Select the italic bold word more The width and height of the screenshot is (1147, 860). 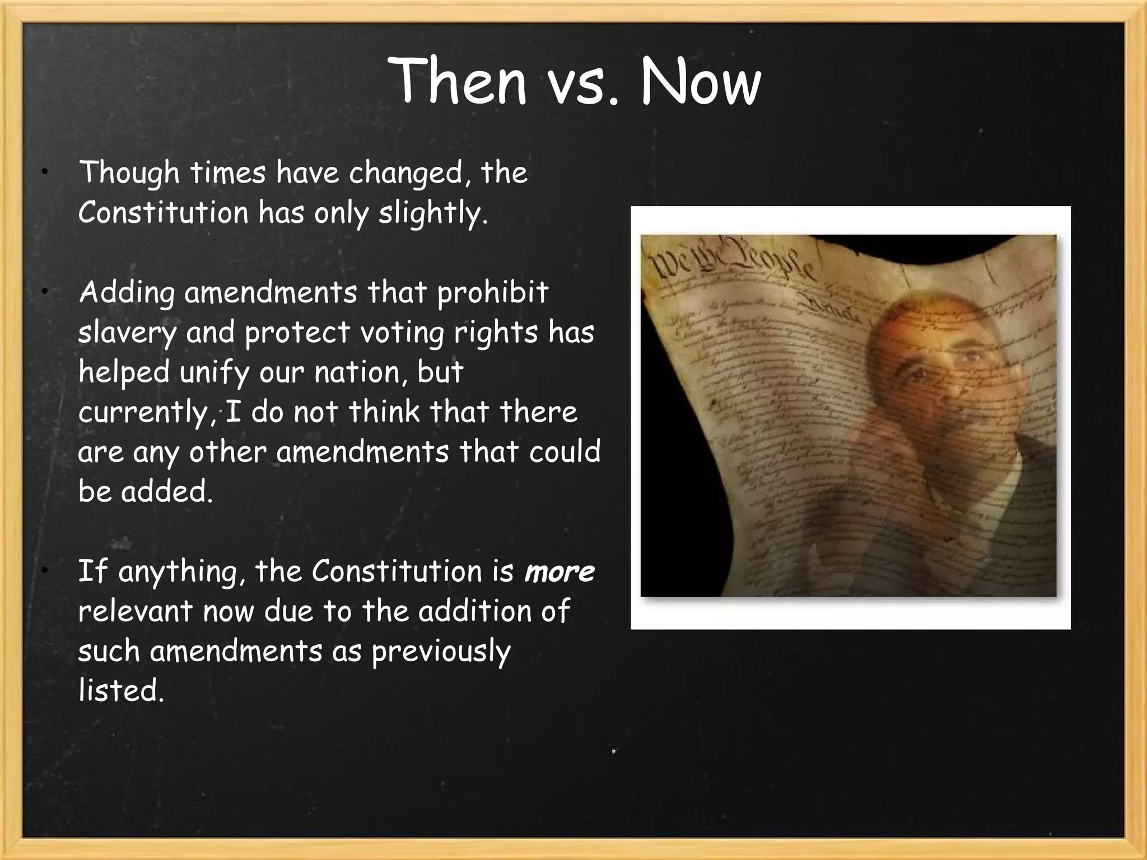click(559, 572)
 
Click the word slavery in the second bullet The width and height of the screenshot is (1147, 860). click(127, 333)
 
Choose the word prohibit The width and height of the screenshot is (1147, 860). click(492, 293)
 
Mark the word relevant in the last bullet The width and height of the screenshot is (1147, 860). click(135, 611)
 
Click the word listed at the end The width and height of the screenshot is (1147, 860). click(120, 690)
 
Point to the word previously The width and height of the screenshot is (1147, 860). click(441, 652)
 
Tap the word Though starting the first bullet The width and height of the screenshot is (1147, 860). click(129, 173)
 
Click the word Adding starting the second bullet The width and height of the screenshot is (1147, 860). click(127, 293)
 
